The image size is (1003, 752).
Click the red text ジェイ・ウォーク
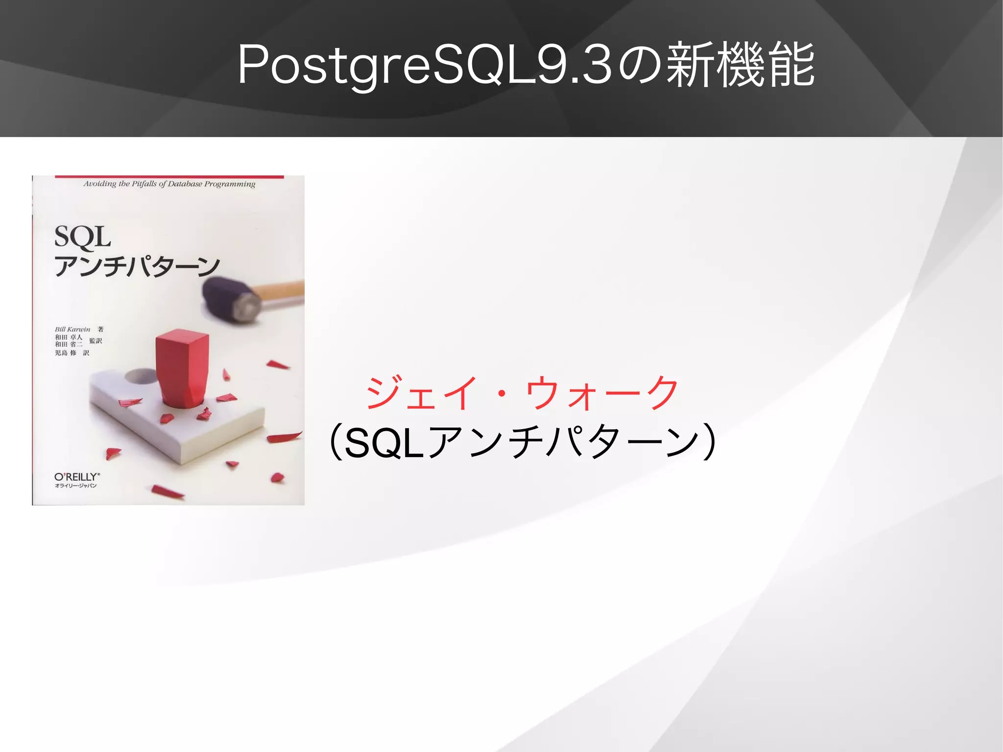click(522, 393)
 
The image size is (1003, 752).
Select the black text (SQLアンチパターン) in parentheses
click(522, 442)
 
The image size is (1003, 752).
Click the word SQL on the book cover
click(82, 237)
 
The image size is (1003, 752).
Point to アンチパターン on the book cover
click(137, 267)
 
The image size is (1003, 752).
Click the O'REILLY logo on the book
click(77, 477)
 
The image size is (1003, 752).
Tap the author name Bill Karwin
click(72, 329)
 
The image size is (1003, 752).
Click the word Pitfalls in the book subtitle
click(144, 184)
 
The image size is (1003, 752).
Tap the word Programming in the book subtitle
click(230, 184)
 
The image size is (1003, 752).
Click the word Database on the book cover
click(185, 184)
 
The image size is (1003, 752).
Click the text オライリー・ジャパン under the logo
click(76, 486)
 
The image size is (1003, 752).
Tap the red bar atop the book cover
click(169, 176)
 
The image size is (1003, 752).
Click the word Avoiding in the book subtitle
click(99, 184)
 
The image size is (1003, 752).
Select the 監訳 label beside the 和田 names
click(96, 341)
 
